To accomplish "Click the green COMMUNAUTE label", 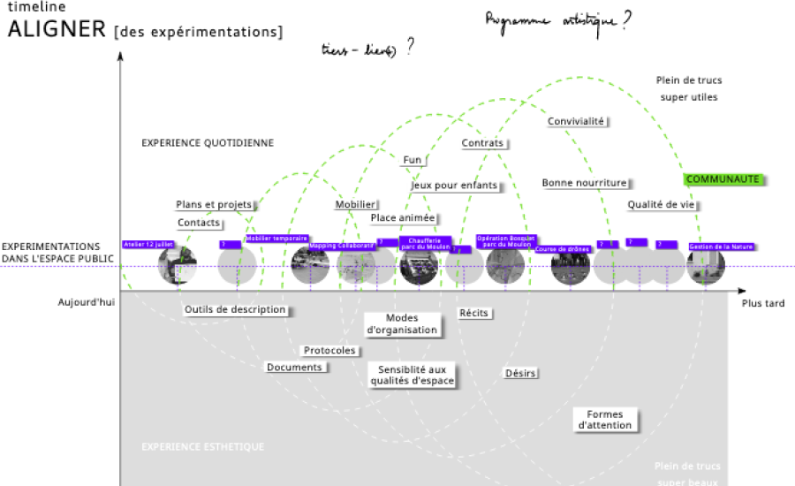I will pyautogui.click(x=723, y=179).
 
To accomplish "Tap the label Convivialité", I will pyautogui.click(x=576, y=121).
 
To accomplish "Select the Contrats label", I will pyautogui.click(x=482, y=143).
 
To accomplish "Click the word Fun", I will pyautogui.click(x=413, y=160).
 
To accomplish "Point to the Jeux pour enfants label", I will pyautogui.click(x=454, y=186).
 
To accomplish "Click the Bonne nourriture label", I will pyautogui.click(x=584, y=183).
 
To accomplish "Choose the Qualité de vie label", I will pyautogui.click(x=662, y=205).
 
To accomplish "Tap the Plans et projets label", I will pyautogui.click(x=214, y=204).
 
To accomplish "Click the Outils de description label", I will pyautogui.click(x=235, y=309).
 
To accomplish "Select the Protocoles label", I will pyautogui.click(x=329, y=351).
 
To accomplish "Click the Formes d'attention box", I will pyautogui.click(x=605, y=420).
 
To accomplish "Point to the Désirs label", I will pyautogui.click(x=520, y=373).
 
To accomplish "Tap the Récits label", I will pyautogui.click(x=474, y=313).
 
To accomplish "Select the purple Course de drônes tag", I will pyautogui.click(x=558, y=249).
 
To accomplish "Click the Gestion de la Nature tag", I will pyautogui.click(x=721, y=247).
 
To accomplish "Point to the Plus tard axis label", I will pyautogui.click(x=762, y=303).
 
